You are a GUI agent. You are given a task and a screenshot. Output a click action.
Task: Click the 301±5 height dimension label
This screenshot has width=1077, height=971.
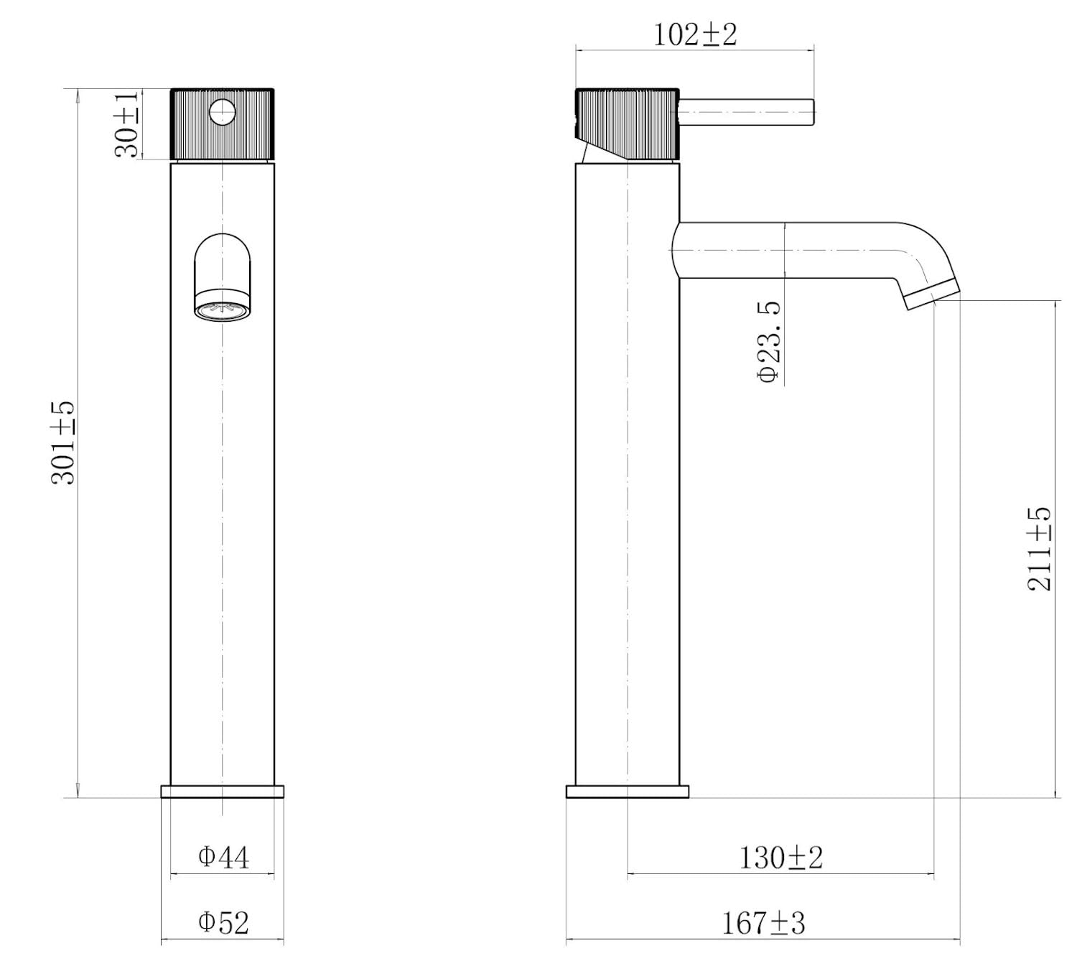(63, 443)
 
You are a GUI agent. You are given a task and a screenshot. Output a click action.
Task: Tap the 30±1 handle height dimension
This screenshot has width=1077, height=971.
(127, 124)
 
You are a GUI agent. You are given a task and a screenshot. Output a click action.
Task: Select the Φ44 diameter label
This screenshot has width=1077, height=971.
(223, 857)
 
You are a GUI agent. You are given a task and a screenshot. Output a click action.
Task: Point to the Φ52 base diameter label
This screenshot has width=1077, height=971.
(223, 923)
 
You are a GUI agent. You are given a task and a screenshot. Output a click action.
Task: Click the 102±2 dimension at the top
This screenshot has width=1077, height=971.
(695, 35)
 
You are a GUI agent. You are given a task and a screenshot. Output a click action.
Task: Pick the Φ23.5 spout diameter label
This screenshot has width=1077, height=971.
(770, 342)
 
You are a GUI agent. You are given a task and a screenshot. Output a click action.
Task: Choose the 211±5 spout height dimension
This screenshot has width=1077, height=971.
(1040, 548)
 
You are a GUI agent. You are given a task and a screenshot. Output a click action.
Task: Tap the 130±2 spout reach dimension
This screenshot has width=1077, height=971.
(781, 857)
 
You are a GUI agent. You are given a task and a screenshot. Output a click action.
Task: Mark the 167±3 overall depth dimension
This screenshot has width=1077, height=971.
(763, 923)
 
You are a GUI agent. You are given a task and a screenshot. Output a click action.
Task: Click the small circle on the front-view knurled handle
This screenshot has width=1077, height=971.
(223, 112)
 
